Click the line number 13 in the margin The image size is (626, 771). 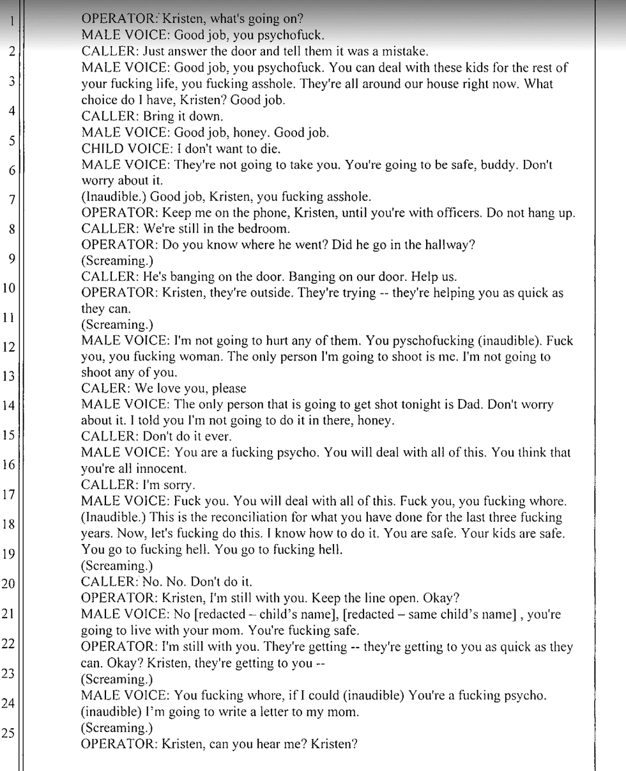coord(9,377)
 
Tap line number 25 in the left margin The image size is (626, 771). coord(8,733)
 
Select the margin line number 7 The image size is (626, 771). coord(10,200)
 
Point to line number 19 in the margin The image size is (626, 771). coord(9,554)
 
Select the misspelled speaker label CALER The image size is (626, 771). coord(103,389)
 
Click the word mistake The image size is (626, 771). coord(406,52)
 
